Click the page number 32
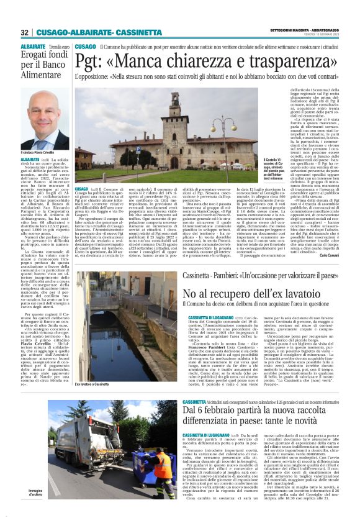tap(24, 32)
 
